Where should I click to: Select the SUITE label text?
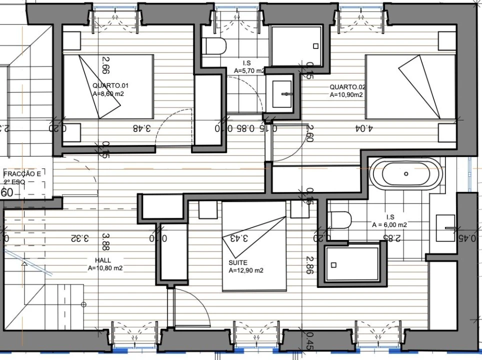(238, 262)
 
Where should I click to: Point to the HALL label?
(103, 260)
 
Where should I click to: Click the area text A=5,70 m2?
(249, 70)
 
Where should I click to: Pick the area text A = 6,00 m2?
(389, 225)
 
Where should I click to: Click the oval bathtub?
(405, 173)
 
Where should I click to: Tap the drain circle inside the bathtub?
(406, 174)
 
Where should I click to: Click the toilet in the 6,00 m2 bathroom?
(340, 220)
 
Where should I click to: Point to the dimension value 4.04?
(363, 128)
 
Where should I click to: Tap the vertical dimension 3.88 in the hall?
(105, 241)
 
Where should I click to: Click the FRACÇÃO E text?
(22, 174)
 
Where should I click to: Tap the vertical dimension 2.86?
(310, 266)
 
